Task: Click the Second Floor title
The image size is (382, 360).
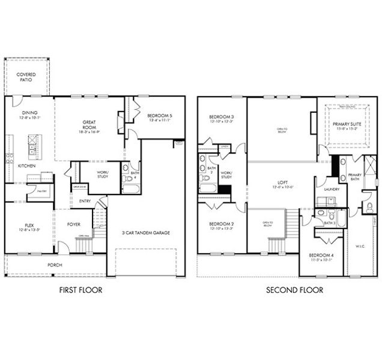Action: pyautogui.click(x=294, y=290)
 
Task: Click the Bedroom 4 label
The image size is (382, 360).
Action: pyautogui.click(x=321, y=257)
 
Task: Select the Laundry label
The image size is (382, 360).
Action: pyautogui.click(x=331, y=190)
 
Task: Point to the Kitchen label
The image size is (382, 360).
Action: pyautogui.click(x=26, y=166)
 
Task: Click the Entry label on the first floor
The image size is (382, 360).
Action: pyautogui.click(x=85, y=201)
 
